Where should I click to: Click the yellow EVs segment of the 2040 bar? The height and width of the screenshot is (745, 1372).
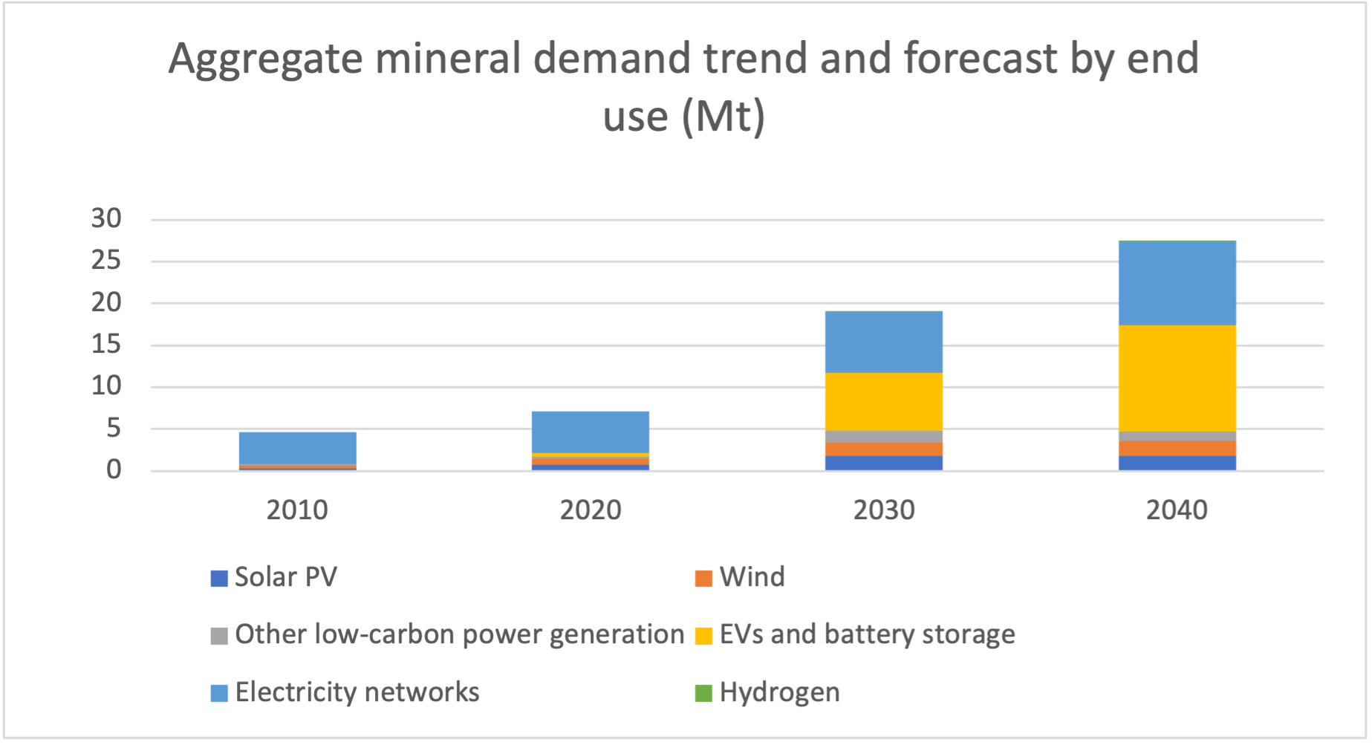tap(1177, 378)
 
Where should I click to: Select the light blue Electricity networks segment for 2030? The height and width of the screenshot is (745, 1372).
tap(883, 342)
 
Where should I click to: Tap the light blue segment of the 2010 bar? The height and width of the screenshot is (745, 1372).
tap(297, 448)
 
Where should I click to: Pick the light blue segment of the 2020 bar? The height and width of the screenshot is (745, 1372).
tap(590, 432)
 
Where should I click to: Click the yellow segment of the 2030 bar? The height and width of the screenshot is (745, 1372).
tap(883, 401)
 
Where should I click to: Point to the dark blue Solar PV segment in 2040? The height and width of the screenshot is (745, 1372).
tap(1177, 463)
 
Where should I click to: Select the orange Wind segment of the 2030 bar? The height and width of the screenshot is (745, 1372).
tap(883, 449)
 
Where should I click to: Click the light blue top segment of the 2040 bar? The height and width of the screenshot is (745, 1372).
tap(1177, 283)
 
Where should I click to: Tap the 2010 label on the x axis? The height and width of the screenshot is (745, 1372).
tap(297, 510)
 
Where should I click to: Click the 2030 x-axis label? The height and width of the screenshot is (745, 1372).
tap(883, 510)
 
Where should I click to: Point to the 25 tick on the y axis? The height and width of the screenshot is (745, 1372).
tap(106, 261)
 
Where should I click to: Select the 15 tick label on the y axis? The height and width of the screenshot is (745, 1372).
tap(106, 345)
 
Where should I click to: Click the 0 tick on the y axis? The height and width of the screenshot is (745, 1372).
tap(114, 470)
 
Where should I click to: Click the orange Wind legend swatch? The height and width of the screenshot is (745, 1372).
tap(703, 578)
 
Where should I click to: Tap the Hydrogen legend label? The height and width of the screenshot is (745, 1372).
tap(779, 692)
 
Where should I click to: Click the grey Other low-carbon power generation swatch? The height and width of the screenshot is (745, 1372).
tap(218, 636)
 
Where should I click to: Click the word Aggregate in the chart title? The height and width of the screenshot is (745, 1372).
tap(265, 59)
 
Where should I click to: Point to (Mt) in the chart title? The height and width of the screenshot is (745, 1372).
tap(724, 117)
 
